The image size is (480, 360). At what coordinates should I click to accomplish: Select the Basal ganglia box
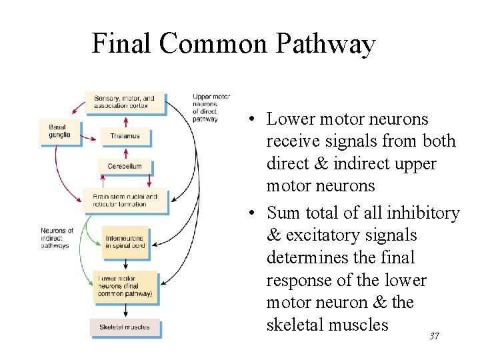click(x=59, y=131)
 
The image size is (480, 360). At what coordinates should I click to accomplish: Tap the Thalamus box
click(x=125, y=136)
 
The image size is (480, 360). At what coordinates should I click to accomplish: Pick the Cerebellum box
click(x=125, y=166)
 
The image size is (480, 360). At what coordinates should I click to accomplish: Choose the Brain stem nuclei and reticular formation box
click(x=125, y=200)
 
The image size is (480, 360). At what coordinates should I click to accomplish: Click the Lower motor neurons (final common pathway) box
click(x=125, y=286)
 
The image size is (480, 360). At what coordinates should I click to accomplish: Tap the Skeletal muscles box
click(x=125, y=328)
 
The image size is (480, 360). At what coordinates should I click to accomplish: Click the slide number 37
click(x=434, y=337)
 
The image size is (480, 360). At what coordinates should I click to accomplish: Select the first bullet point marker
click(x=247, y=120)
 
